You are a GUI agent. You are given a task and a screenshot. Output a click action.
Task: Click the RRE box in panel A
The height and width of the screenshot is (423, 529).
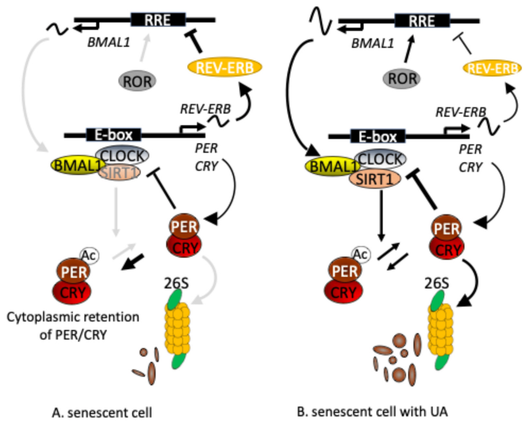coord(158,20)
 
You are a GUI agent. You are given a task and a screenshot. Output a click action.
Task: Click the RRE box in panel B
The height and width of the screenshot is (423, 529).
coord(422,21)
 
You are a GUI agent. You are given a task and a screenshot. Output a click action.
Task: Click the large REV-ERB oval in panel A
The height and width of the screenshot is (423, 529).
coord(225,67)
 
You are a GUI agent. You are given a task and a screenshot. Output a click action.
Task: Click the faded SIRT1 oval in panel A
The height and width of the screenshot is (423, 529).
coord(118,172)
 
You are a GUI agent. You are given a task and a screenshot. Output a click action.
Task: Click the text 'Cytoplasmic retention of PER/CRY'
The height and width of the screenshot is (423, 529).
coord(72,325)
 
